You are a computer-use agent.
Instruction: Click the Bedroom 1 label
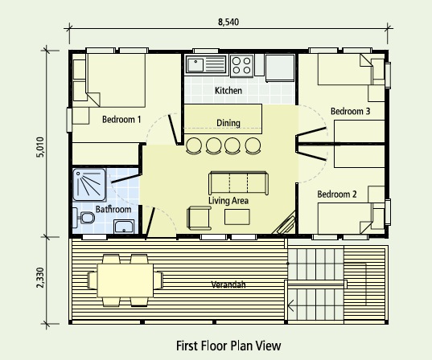[121, 120]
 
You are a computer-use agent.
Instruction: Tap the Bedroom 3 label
[350, 111]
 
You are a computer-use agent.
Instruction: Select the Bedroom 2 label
[336, 194]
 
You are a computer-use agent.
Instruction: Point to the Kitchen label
[228, 91]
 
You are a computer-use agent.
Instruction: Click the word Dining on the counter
[228, 123]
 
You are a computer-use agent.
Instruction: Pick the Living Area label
[228, 199]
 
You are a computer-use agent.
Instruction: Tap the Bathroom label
[113, 210]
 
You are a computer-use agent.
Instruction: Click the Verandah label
[229, 285]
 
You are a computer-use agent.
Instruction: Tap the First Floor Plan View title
[228, 346]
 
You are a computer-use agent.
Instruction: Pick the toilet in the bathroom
[84, 218]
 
